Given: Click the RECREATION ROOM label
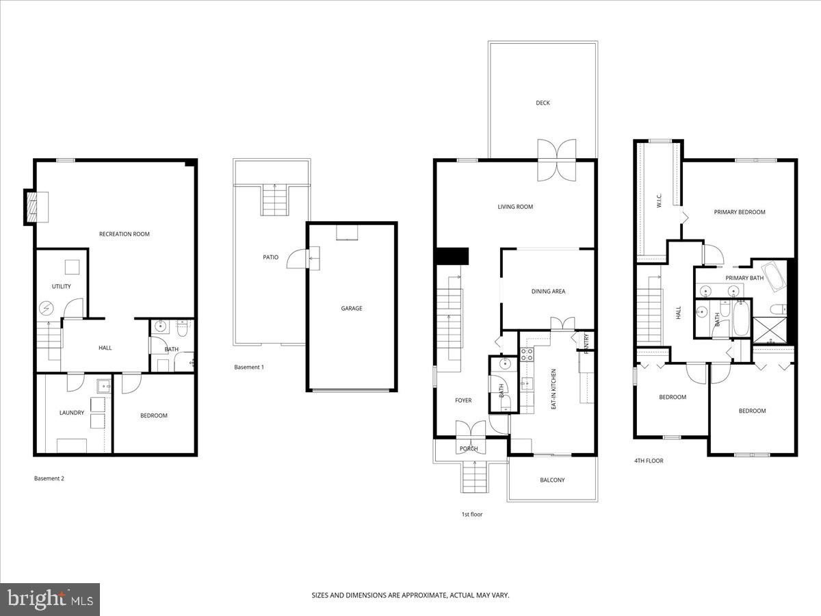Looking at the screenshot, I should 124,234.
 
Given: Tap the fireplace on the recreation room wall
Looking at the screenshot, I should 31,207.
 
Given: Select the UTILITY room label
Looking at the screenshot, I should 61,286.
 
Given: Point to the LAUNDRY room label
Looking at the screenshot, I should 71,413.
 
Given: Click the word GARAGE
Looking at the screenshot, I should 352,308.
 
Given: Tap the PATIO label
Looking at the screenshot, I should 271,257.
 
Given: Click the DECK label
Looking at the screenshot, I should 543,103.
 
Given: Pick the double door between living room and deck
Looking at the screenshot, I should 556,159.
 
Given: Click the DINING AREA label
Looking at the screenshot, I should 548,292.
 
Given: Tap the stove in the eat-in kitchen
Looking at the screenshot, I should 527,355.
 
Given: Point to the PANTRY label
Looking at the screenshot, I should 586,343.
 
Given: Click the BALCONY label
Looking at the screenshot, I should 552,480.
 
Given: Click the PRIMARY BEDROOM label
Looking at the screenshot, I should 740,212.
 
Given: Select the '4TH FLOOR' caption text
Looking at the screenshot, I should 649,461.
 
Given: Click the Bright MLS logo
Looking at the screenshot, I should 50,600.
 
